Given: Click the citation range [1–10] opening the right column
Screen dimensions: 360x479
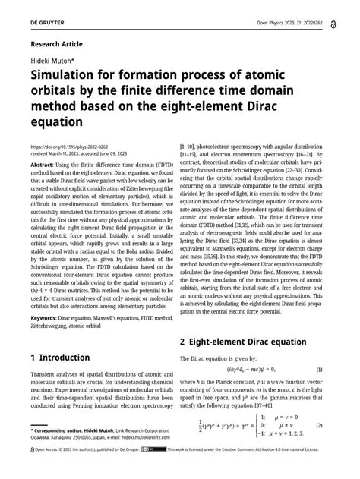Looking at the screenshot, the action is [191, 144].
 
